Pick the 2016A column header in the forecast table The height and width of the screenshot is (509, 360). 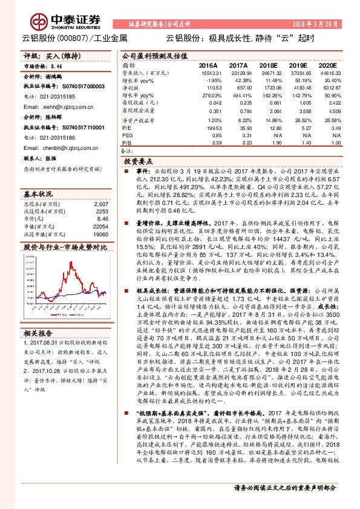tap(208, 64)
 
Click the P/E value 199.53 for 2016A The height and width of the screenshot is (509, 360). tap(208, 128)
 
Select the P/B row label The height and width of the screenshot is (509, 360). tap(127, 142)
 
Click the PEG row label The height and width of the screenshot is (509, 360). tap(129, 135)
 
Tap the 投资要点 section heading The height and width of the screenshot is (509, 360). tap(138, 163)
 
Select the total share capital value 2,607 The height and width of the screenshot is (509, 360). tap(102, 204)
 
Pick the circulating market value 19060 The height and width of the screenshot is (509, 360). tap(100, 233)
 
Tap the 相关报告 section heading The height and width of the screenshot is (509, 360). tap(38, 334)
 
